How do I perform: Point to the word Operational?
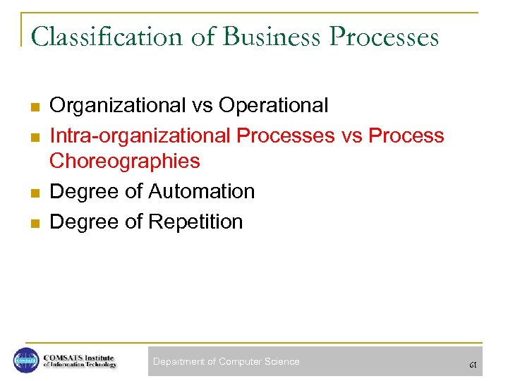pyautogui.click(x=274, y=106)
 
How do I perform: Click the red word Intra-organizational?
pyautogui.click(x=140, y=135)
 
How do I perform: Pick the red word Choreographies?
pyautogui.click(x=125, y=162)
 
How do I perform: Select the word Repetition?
pyautogui.click(x=194, y=222)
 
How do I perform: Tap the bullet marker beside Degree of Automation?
pyautogui.click(x=32, y=193)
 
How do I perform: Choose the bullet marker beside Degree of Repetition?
pyautogui.click(x=32, y=223)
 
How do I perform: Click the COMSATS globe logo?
pyautogui.click(x=26, y=361)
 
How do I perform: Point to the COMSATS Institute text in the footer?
pyautogui.click(x=79, y=361)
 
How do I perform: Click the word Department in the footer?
pyautogui.click(x=179, y=362)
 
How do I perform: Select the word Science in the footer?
pyautogui.click(x=282, y=362)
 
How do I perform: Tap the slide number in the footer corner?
pyautogui.click(x=473, y=365)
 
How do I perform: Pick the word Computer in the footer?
pyautogui.click(x=240, y=362)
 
